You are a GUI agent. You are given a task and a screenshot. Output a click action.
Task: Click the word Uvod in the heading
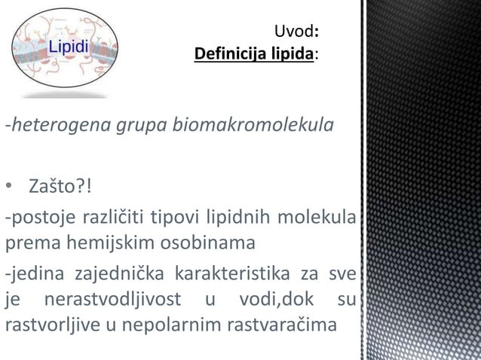coord(292,32)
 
